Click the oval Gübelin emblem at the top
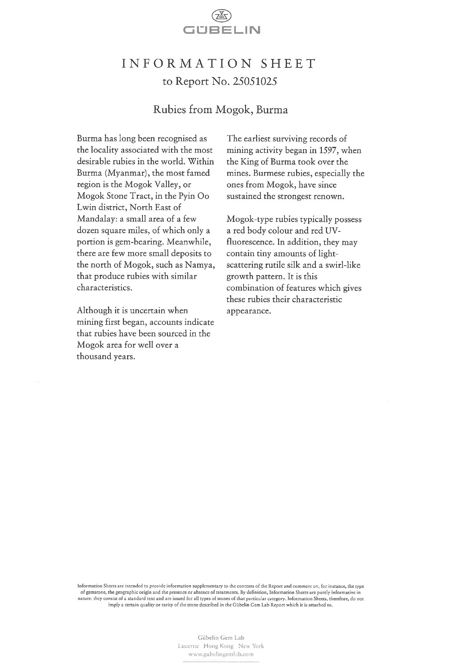221,16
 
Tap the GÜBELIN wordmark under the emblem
221,30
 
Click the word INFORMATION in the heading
187,63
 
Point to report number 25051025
255,82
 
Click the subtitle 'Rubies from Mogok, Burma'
220,110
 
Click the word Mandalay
96,219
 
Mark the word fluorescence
250,242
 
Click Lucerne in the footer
188,646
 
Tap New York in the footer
251,646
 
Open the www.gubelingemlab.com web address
221,654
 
